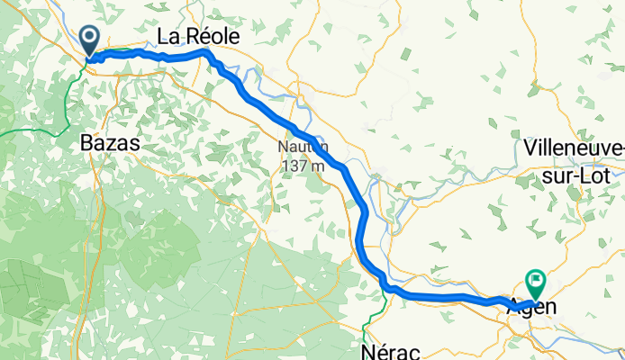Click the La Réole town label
pyautogui.click(x=198, y=37)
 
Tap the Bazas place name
pyautogui.click(x=111, y=142)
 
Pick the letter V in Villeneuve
pyautogui.click(x=530, y=147)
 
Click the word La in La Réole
pyautogui.click(x=168, y=37)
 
